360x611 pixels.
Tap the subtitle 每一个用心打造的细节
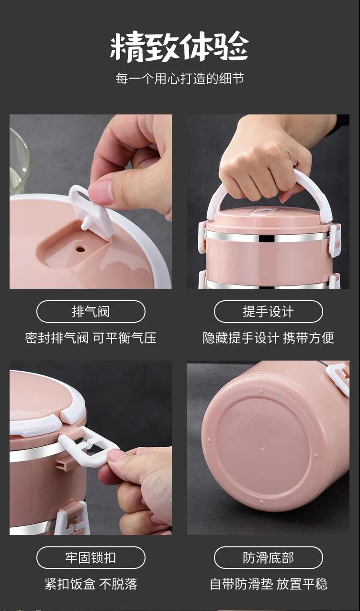[x=180, y=79]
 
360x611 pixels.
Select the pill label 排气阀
[x=91, y=311]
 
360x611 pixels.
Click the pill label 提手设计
[x=269, y=311]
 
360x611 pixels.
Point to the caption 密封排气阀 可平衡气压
[x=91, y=338]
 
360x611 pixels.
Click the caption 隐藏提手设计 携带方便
[x=269, y=338]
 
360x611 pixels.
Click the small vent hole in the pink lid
[x=80, y=249]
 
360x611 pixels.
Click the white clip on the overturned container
[x=338, y=378]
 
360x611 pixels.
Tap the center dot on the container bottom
[x=262, y=448]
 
